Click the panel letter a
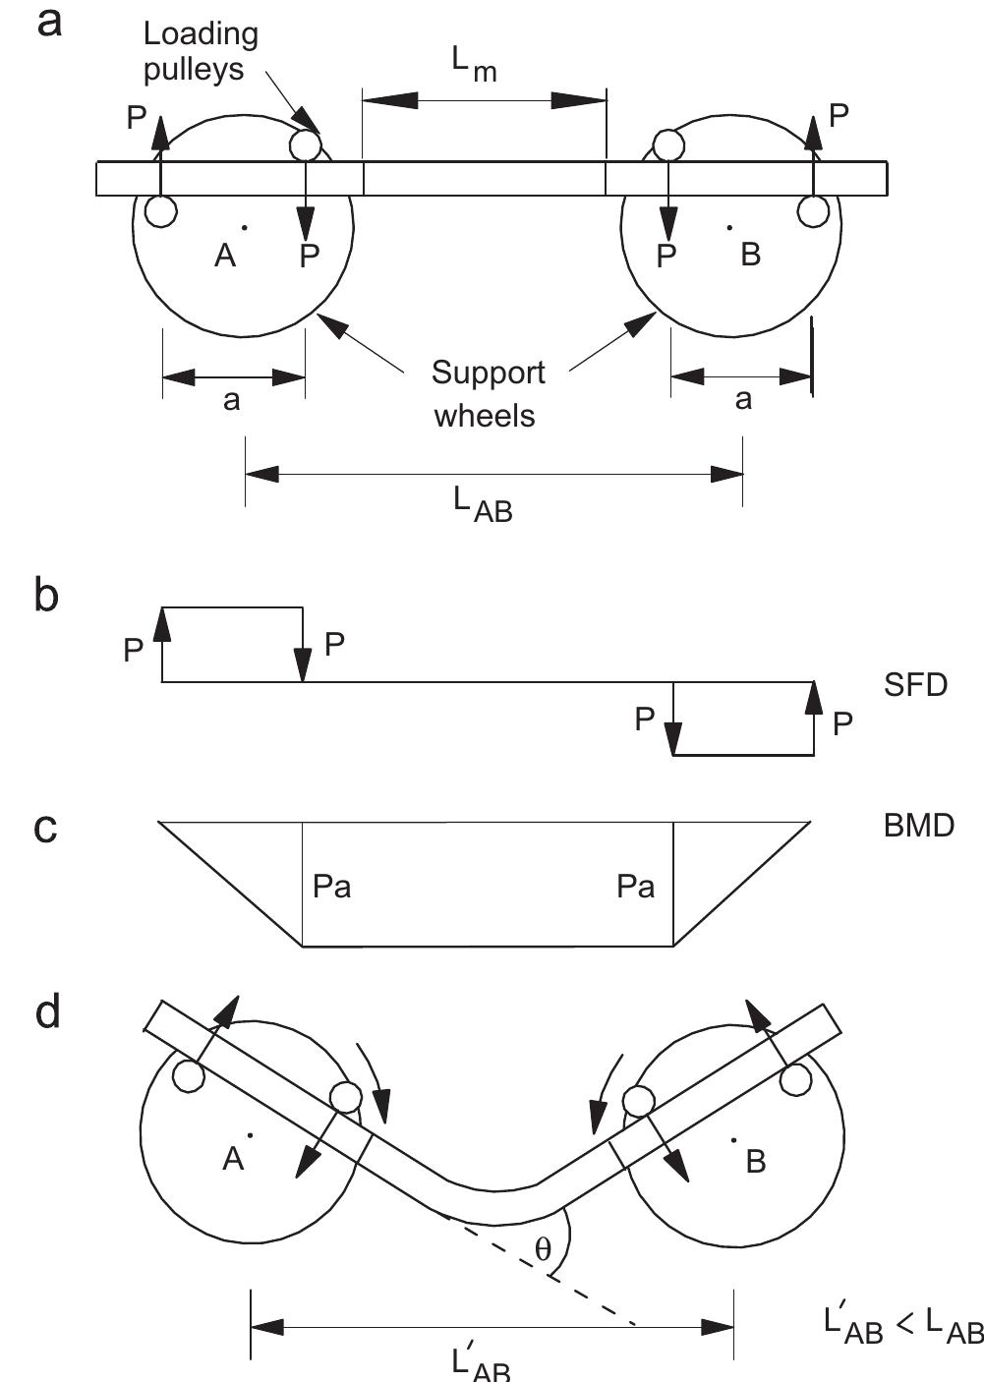[48, 22]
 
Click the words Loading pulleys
[200, 51]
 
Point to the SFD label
[914, 684]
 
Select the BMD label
[918, 825]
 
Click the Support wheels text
[487, 393]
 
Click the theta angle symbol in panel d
[543, 1249]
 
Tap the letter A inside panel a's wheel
[225, 256]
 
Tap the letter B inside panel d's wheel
[755, 1162]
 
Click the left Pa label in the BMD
[331, 887]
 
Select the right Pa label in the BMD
[635, 887]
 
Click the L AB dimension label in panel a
[483, 504]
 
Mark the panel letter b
[46, 596]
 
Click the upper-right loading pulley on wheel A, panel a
[306, 146]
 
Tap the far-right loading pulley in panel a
[813, 210]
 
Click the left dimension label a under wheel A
[232, 400]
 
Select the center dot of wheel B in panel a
[729, 227]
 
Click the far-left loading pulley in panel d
[188, 1075]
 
